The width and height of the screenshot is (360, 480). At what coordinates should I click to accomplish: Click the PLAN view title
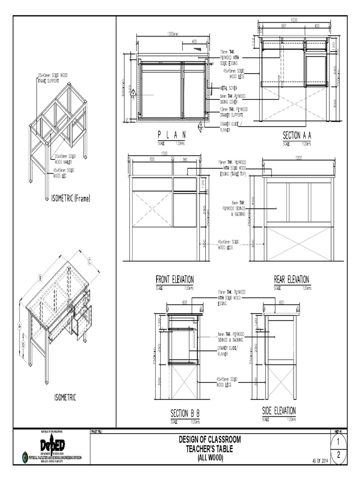tap(172, 135)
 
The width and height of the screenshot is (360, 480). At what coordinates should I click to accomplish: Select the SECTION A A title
tap(297, 135)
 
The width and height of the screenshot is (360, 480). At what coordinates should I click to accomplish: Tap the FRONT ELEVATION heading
tap(174, 279)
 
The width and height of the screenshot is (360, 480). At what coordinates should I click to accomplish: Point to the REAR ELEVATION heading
tap(291, 279)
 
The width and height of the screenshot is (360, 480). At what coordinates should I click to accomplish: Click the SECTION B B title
tap(185, 413)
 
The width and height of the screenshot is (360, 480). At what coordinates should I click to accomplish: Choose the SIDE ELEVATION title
tap(279, 411)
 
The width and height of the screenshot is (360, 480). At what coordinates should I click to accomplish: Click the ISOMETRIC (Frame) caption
tap(70, 198)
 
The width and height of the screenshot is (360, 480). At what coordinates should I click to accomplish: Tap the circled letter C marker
tap(89, 261)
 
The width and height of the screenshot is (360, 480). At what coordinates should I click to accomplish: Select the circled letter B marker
tap(40, 278)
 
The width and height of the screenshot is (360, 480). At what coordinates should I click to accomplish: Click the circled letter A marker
tap(20, 325)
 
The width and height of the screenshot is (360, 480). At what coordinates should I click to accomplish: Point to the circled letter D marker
tap(23, 345)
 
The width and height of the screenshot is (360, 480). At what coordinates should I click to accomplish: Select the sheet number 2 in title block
tap(338, 455)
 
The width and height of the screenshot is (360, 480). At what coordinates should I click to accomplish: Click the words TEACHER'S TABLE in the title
tap(210, 449)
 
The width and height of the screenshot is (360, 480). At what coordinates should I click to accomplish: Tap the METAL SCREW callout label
tap(230, 87)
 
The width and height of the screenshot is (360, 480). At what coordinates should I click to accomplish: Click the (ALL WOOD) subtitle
tap(210, 457)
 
